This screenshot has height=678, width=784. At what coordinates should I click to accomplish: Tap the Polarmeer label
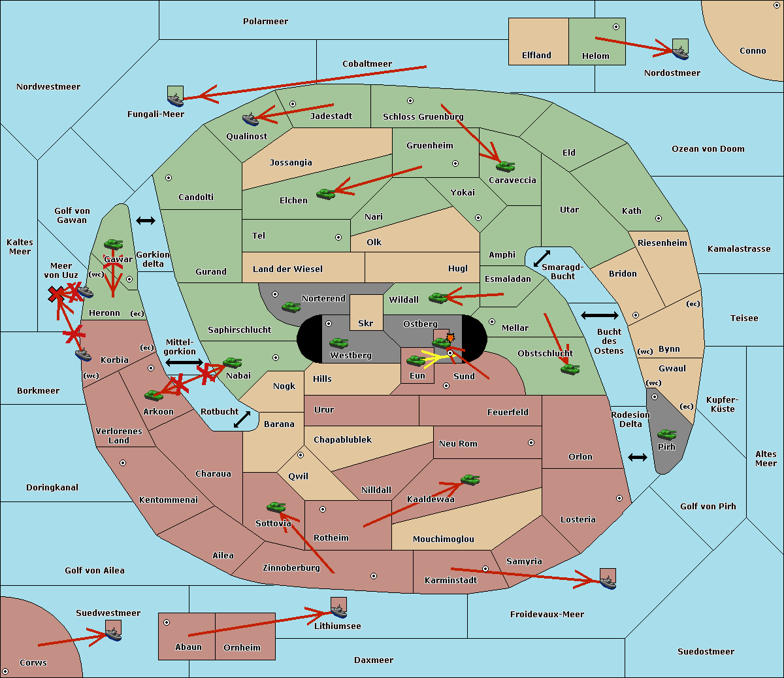point(265,22)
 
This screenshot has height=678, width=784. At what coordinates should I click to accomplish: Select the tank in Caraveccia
point(505,166)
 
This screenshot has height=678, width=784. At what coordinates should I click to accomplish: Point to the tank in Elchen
point(325,194)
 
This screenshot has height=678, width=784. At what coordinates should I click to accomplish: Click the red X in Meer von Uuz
point(56,295)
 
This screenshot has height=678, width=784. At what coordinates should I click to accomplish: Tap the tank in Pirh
point(666,435)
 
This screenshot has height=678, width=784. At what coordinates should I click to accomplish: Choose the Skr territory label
point(366,323)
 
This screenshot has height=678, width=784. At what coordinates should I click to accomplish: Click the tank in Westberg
point(338,343)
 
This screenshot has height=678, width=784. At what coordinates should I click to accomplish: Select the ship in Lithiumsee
point(338,609)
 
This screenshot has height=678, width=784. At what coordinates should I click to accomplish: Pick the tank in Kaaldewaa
point(470,480)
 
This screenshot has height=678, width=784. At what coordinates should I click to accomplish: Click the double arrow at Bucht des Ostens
point(599,316)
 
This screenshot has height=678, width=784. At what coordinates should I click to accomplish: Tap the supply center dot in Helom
point(615,27)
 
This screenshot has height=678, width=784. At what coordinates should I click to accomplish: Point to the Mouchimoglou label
point(443,539)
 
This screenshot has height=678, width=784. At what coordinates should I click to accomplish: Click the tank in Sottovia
point(276,507)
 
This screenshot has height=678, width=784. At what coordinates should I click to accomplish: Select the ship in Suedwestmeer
point(113,632)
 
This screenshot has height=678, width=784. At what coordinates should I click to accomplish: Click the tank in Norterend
point(291,307)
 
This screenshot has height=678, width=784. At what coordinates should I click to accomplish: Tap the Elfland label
point(536,56)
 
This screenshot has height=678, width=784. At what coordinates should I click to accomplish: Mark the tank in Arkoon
point(154,395)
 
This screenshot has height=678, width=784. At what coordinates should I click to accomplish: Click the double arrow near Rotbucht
point(242,419)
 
